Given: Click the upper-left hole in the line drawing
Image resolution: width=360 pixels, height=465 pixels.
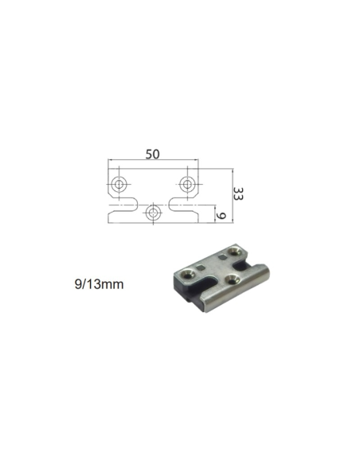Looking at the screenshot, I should [x=119, y=184].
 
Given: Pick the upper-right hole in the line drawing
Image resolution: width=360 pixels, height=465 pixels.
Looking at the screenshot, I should [x=188, y=184].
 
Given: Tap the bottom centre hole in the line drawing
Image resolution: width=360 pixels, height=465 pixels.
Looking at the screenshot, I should [x=154, y=213].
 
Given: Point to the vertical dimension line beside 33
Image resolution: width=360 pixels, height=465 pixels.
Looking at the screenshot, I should [x=231, y=195].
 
